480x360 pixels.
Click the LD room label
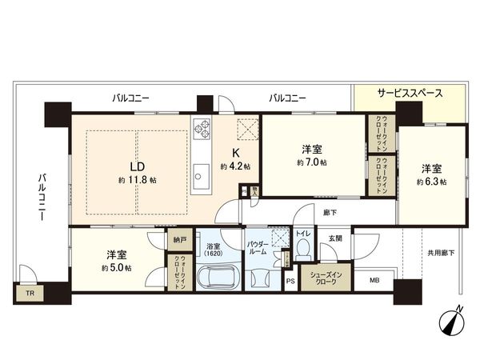137,166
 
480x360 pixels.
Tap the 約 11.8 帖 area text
137,180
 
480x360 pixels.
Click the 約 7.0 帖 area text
313,162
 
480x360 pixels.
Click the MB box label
374,280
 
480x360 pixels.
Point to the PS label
290,281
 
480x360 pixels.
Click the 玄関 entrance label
334,238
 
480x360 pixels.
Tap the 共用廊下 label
440,253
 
